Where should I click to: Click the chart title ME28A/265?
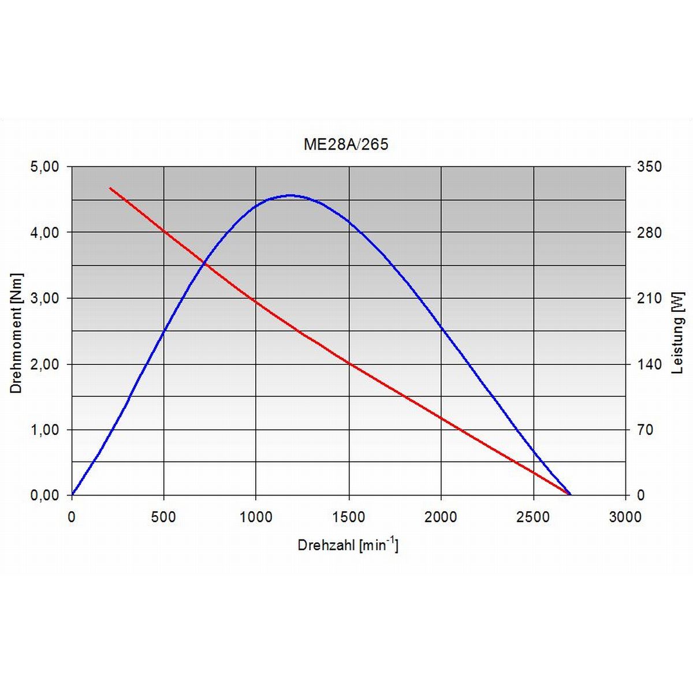[346, 144]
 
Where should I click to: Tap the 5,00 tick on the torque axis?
[44, 167]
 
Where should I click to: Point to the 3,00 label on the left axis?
[44, 299]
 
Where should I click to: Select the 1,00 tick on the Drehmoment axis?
[44, 430]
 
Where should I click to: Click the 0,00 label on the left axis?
[44, 495]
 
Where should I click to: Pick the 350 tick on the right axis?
[649, 167]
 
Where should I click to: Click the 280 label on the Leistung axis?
[649, 233]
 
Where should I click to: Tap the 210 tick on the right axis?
[649, 299]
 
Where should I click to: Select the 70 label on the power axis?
[644, 430]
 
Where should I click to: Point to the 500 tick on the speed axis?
[163, 517]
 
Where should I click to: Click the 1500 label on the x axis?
[348, 517]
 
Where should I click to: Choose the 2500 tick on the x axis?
[533, 517]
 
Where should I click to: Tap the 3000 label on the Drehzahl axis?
[625, 517]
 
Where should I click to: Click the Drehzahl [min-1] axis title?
[348, 545]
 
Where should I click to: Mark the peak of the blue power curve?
[290, 195]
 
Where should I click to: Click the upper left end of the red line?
[110, 188]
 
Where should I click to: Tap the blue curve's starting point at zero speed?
[72, 495]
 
